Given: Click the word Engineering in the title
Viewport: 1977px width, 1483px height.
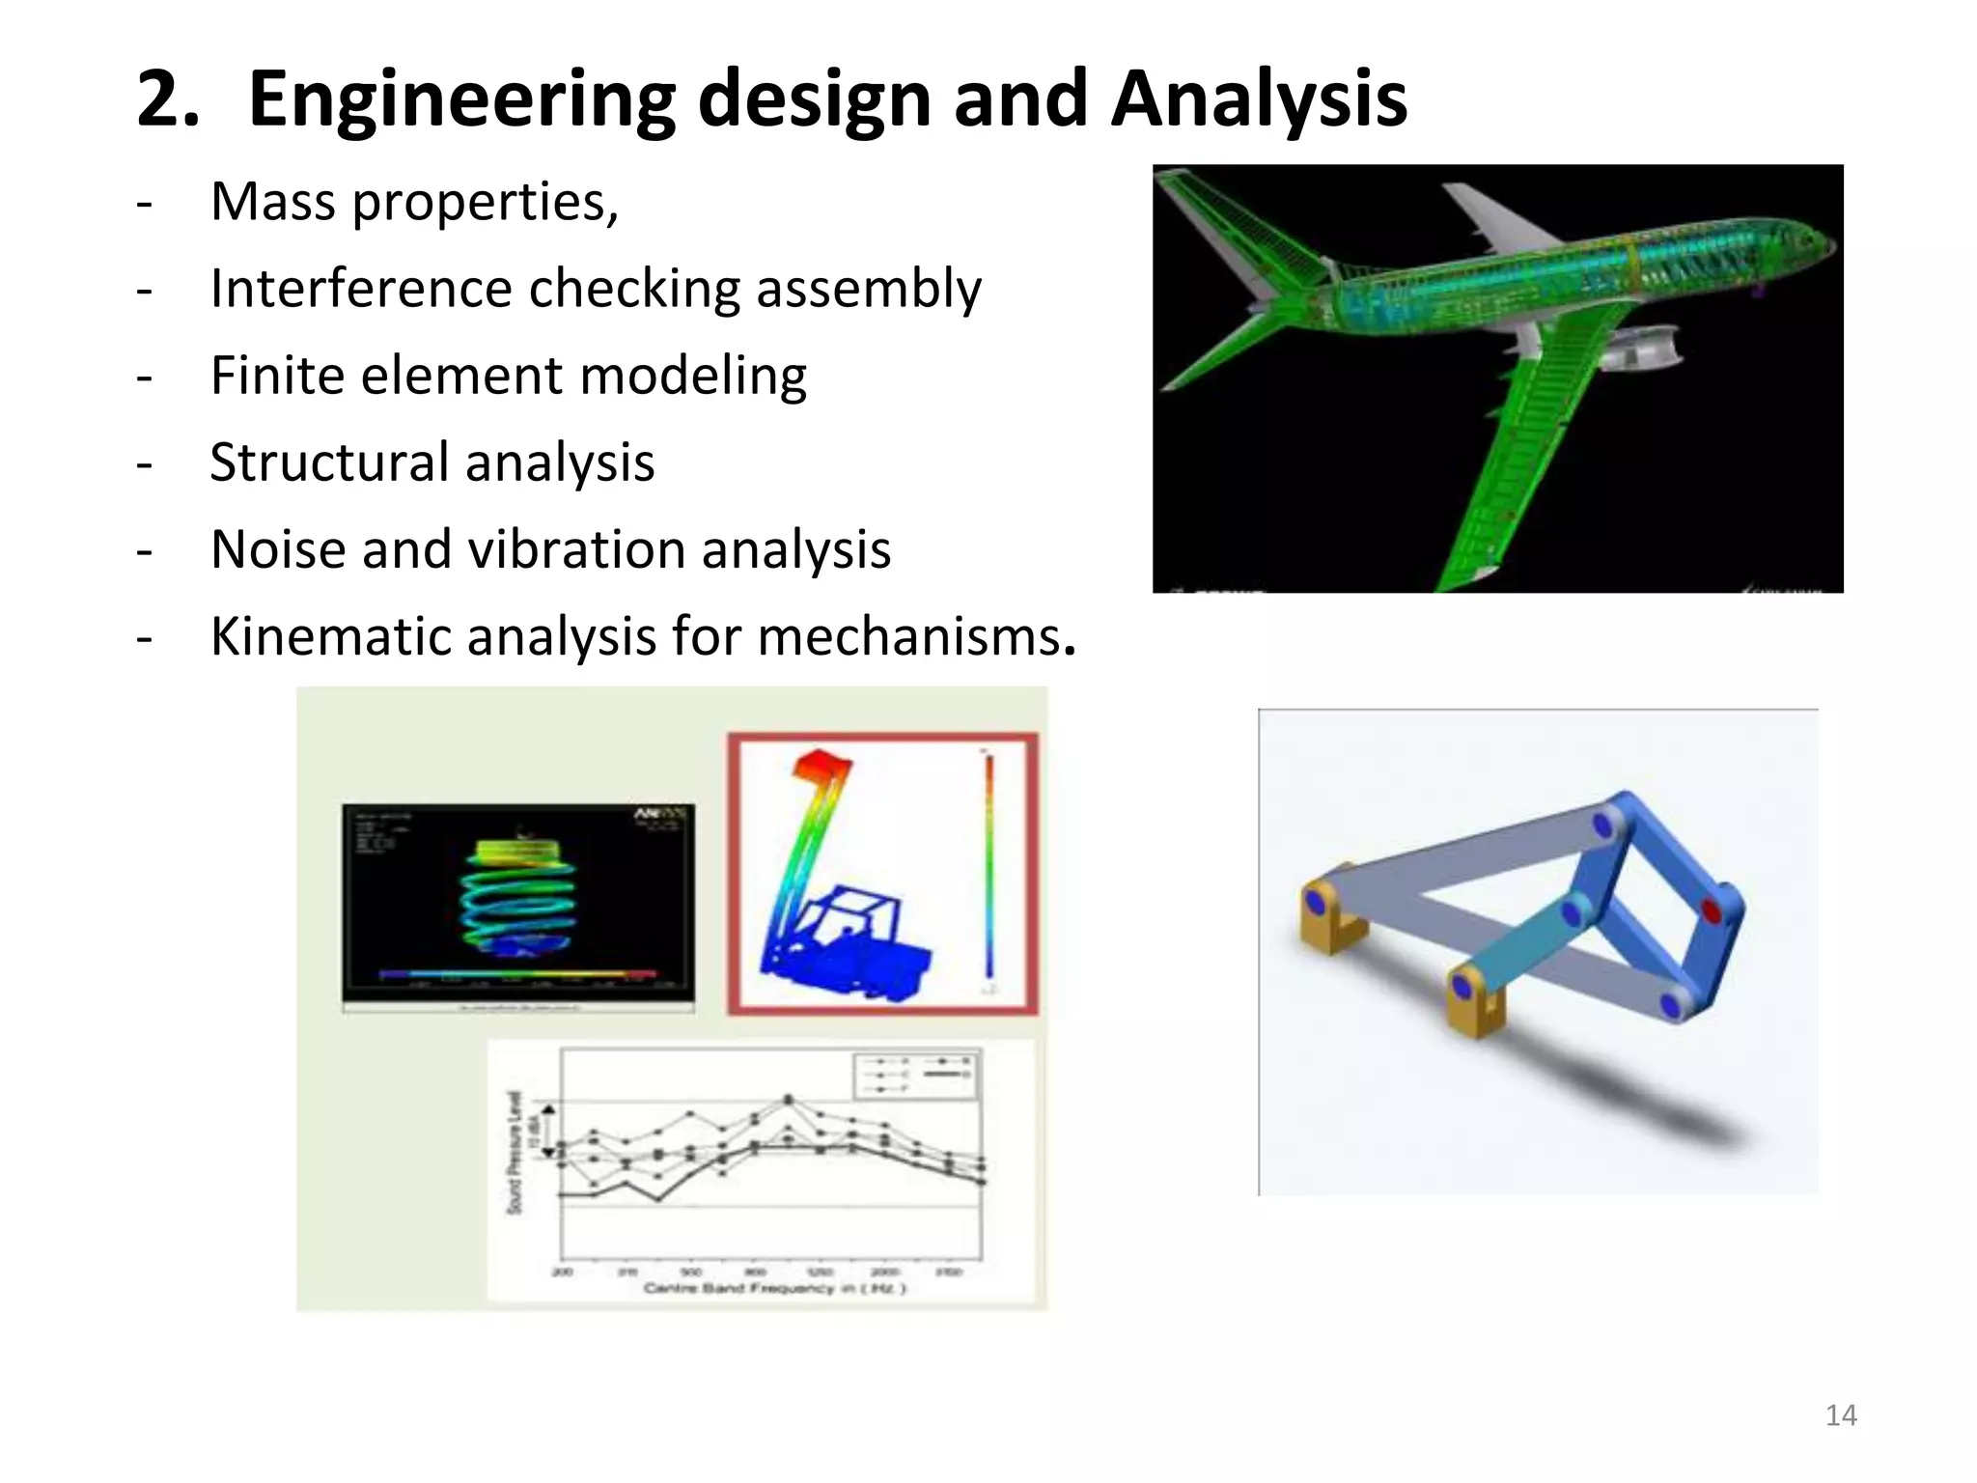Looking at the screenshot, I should pyautogui.click(x=461, y=100).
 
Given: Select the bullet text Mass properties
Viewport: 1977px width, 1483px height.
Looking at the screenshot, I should pyautogui.click(x=414, y=202).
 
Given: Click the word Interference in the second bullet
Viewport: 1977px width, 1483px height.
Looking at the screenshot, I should pyautogui.click(x=360, y=289).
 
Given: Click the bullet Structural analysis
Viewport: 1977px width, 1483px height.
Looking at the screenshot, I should pyautogui.click(x=432, y=462).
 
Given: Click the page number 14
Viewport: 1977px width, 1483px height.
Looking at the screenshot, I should pyautogui.click(x=1840, y=1415).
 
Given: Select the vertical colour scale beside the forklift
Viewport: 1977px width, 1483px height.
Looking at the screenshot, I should pyautogui.click(x=988, y=869).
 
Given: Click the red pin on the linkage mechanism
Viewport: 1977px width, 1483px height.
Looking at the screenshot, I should pyautogui.click(x=1711, y=910).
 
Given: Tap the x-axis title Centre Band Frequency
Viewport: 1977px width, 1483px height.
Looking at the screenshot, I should pyautogui.click(x=774, y=1288).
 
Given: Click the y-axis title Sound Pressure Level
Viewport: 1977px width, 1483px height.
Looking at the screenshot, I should pyautogui.click(x=515, y=1153).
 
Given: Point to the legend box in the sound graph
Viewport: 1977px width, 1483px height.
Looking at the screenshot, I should pyautogui.click(x=915, y=1074).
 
